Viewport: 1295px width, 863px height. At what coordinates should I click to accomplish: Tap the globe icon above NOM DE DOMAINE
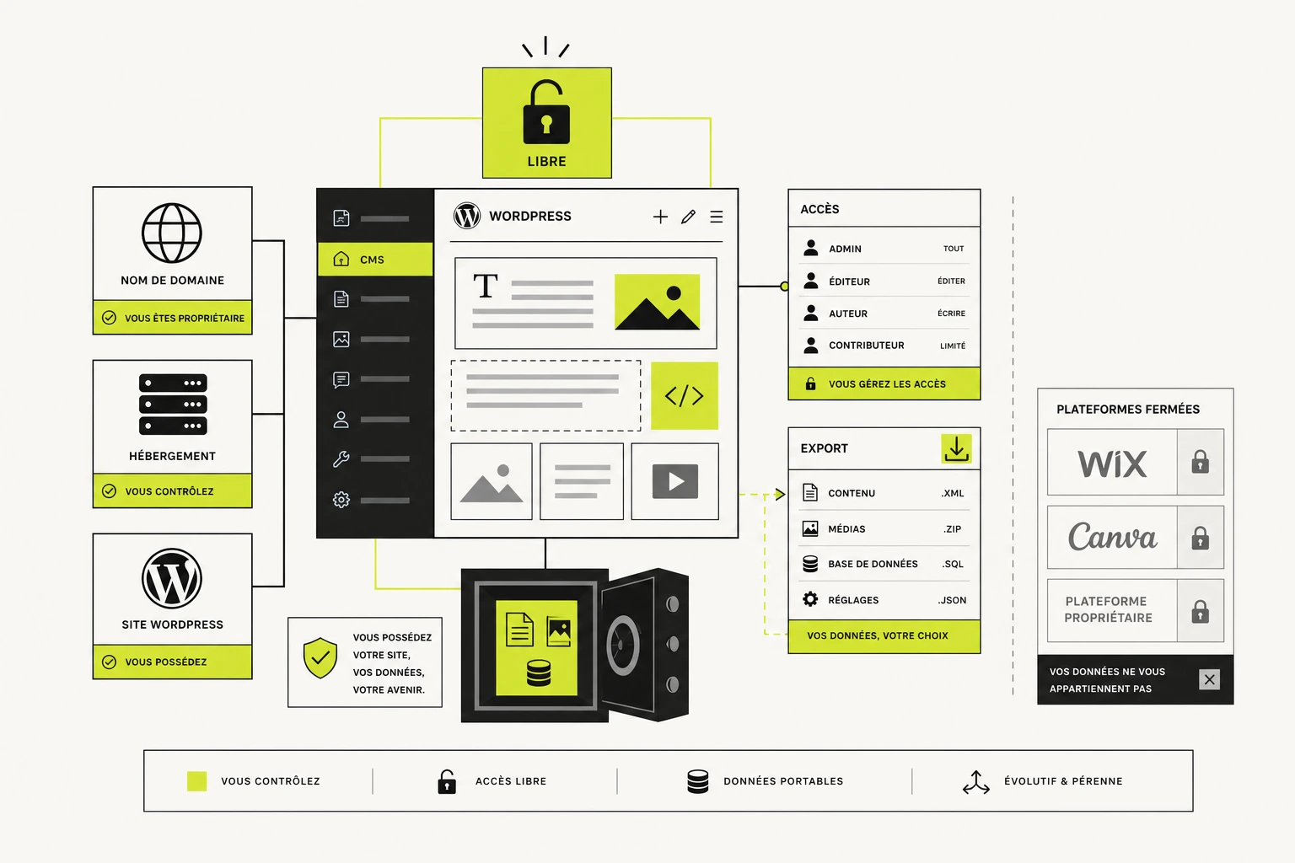(x=172, y=233)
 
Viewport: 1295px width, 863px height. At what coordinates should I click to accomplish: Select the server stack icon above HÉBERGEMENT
(x=173, y=404)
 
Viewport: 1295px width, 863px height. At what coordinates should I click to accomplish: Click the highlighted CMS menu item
(x=375, y=260)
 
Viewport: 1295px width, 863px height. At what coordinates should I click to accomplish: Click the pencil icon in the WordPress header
(x=688, y=217)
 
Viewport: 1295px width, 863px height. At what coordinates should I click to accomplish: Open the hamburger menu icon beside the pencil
(x=717, y=217)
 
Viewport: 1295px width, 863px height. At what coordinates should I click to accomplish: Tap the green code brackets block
(x=685, y=396)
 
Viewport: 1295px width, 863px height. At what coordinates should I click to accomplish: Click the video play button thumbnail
(x=675, y=481)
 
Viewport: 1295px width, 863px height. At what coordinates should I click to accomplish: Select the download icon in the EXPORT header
(x=956, y=448)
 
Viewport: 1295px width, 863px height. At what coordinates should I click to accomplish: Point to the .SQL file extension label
(x=952, y=564)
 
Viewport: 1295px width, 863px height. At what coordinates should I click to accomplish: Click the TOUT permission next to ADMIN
(x=954, y=249)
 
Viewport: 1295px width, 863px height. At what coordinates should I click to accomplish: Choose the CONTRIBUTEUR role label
(x=866, y=345)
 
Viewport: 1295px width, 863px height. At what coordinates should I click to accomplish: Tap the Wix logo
(x=1112, y=464)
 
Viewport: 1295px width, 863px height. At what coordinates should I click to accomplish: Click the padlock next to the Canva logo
(x=1201, y=539)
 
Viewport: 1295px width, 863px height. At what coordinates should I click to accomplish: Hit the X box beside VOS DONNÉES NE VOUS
(x=1210, y=679)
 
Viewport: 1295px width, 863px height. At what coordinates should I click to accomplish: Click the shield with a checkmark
(x=320, y=658)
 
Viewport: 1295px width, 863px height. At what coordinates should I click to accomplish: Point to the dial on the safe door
(x=623, y=645)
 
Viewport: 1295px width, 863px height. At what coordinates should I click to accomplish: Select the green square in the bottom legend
(x=196, y=781)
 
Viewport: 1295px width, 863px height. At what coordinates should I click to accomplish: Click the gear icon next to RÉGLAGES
(x=810, y=599)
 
